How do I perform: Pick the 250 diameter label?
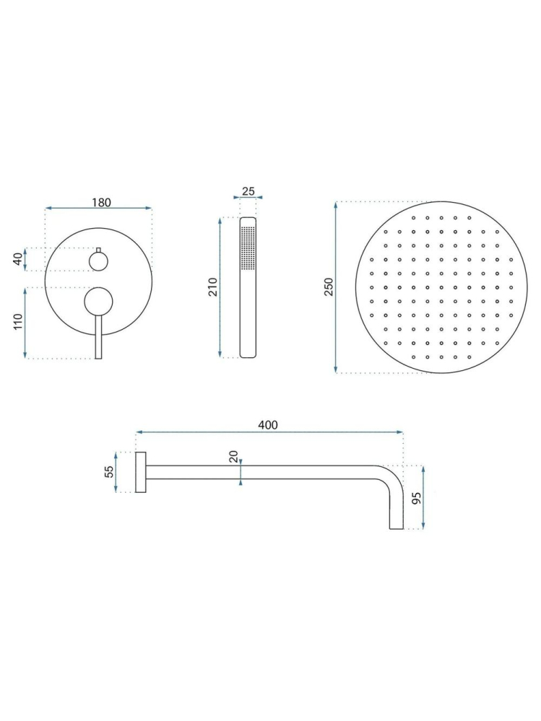[329, 287]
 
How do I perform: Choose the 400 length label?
[268, 425]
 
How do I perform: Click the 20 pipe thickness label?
[233, 457]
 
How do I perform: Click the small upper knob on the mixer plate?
[98, 259]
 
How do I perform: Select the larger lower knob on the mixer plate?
[98, 302]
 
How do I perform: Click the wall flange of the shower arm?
[142, 473]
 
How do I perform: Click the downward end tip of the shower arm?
[397, 525]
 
